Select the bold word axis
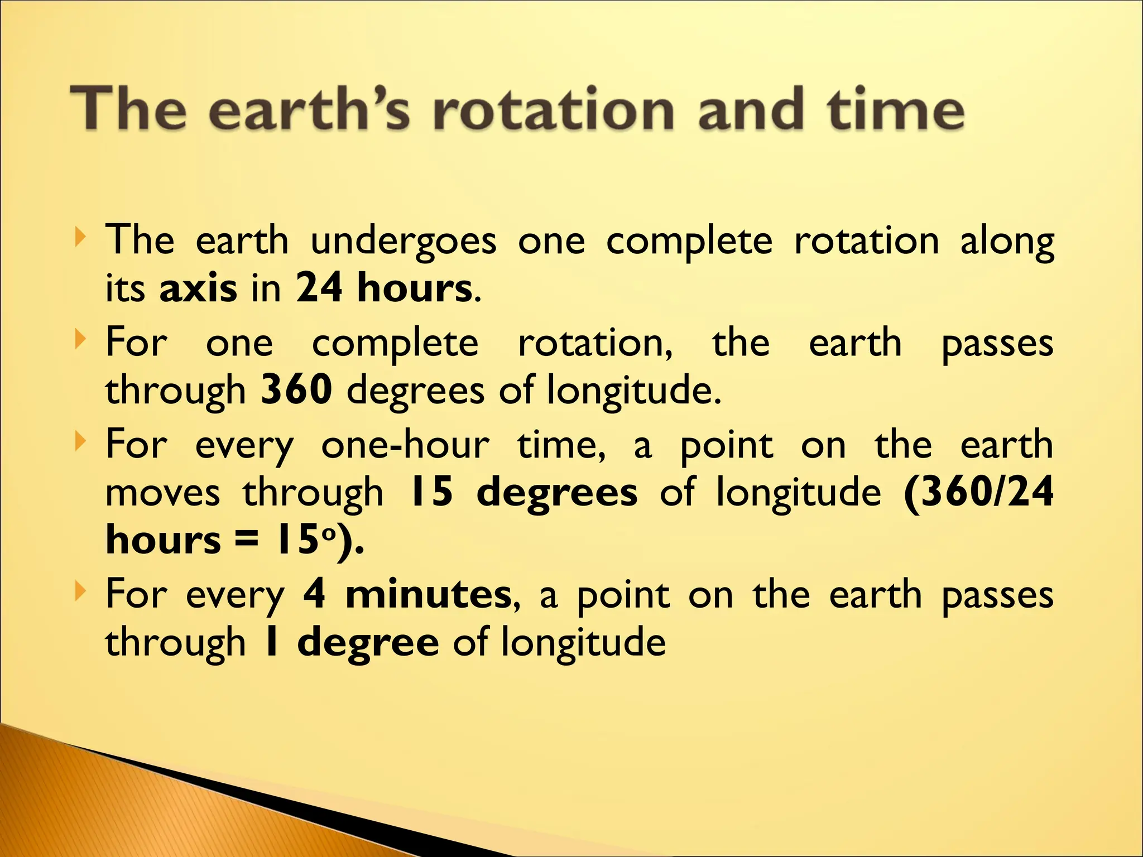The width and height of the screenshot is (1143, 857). (198, 289)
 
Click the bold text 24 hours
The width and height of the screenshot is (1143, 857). (384, 288)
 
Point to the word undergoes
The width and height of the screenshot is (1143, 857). (403, 242)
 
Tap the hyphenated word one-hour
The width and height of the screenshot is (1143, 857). (405, 445)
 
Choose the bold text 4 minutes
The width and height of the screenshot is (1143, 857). (407, 595)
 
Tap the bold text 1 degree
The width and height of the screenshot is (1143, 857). (350, 642)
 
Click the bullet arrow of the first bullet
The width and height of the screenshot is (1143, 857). (81, 238)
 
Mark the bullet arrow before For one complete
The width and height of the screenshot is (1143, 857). (81, 339)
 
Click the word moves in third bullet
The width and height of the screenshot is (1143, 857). (162, 493)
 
